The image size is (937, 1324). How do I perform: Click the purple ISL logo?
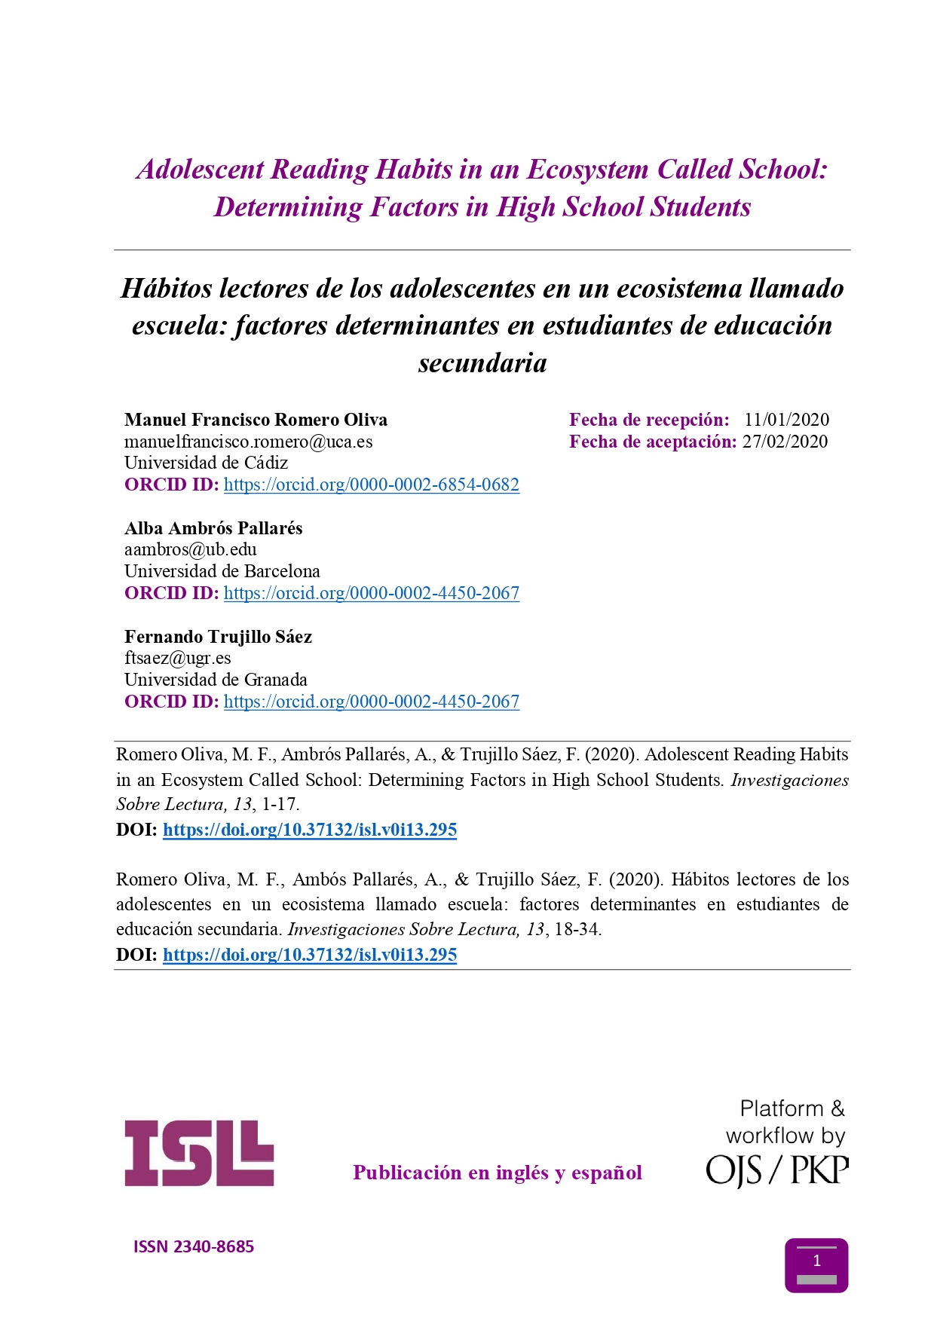tap(199, 1153)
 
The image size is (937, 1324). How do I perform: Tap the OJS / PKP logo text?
tap(776, 1170)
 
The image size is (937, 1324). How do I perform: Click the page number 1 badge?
tap(816, 1265)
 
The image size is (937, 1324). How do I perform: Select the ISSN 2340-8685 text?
tap(194, 1246)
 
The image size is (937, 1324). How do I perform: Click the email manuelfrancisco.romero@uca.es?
tap(248, 442)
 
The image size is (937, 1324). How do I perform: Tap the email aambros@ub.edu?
tap(191, 549)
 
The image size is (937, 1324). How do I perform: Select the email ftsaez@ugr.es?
tap(178, 658)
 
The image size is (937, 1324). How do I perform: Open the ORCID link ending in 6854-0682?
tap(371, 485)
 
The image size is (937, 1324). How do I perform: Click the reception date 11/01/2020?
tap(786, 420)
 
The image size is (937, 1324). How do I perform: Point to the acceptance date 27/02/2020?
tap(785, 442)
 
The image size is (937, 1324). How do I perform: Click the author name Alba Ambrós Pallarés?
tap(213, 528)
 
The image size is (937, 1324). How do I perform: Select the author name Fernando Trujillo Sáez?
tap(218, 637)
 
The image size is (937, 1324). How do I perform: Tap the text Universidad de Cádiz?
tap(206, 463)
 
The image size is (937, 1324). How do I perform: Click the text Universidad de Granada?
tap(216, 680)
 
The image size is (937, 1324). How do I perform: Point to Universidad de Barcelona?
tap(222, 571)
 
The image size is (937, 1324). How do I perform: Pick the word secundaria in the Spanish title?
tap(482, 362)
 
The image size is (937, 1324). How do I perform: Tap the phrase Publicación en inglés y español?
tap(498, 1173)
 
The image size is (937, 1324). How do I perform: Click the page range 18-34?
tap(577, 929)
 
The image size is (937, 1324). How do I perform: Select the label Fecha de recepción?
tap(649, 420)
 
